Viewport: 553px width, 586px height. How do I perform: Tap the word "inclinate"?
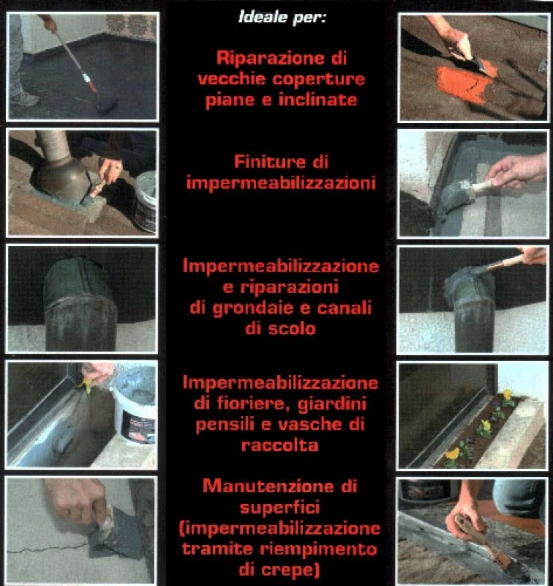pos(318,100)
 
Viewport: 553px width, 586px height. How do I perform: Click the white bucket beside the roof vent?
pos(145,201)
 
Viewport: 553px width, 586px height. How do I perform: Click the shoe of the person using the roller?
pos(24,99)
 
